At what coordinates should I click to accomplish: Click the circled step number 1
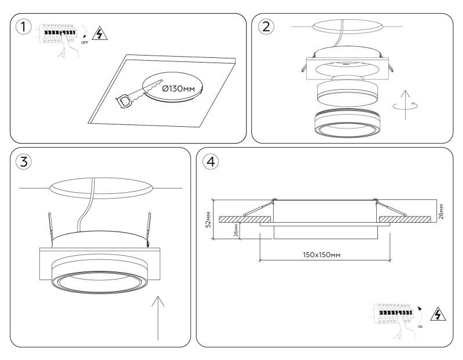click(23, 27)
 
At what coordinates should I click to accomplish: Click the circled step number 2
click(266, 27)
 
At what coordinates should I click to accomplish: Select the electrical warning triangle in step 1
click(100, 34)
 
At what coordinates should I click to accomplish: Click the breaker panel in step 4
click(394, 315)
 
